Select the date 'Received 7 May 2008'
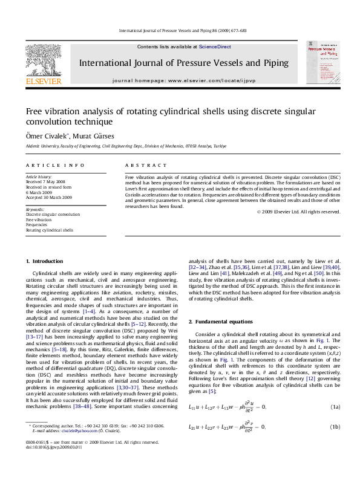click(46, 181)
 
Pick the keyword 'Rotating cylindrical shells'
click(50, 230)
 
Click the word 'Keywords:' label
click(35, 209)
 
